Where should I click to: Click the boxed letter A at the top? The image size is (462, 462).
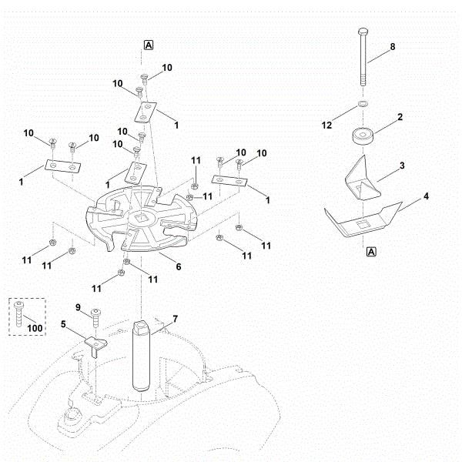click(x=148, y=45)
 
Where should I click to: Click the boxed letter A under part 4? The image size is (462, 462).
click(x=371, y=251)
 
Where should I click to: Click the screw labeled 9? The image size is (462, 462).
click(x=96, y=313)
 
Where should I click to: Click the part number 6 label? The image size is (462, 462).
click(x=179, y=267)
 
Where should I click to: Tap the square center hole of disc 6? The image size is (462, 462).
click(x=140, y=219)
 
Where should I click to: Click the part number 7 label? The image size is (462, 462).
click(x=175, y=318)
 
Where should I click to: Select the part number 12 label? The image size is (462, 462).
click(x=326, y=125)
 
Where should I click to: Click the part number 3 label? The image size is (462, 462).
click(x=402, y=165)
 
